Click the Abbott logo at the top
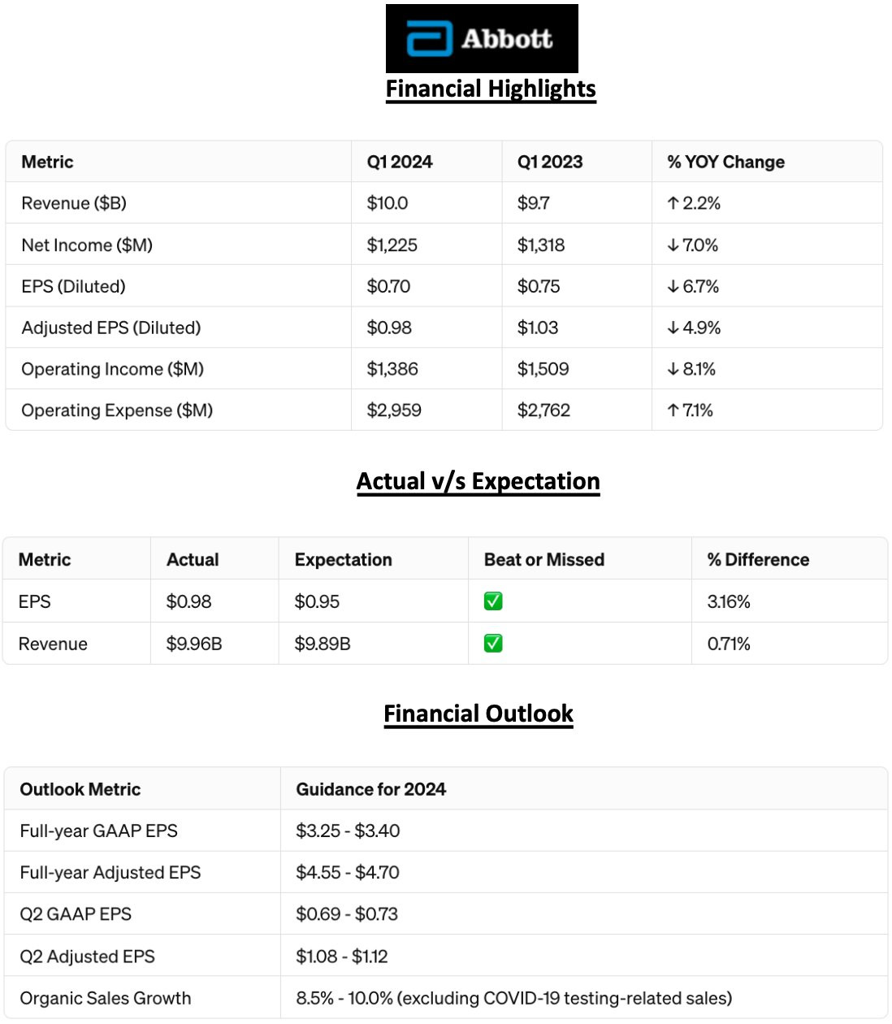point(481,39)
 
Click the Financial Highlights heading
point(491,89)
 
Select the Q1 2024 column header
point(400,162)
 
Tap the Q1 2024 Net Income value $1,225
point(392,245)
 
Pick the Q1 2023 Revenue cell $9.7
point(534,203)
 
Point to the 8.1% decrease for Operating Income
point(692,369)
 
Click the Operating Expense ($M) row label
point(117,410)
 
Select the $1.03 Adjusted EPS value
point(538,328)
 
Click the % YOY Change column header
point(726,162)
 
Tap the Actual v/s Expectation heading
point(478,481)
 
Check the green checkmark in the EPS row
point(493,601)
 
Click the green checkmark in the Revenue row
point(493,644)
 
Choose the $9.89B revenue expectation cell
point(323,644)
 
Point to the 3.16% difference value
point(729,601)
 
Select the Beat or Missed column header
point(544,559)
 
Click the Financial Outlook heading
point(478,714)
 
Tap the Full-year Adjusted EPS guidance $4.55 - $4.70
point(348,872)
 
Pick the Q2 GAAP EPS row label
point(76,913)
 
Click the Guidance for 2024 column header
point(371,789)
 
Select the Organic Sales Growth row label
point(106,998)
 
